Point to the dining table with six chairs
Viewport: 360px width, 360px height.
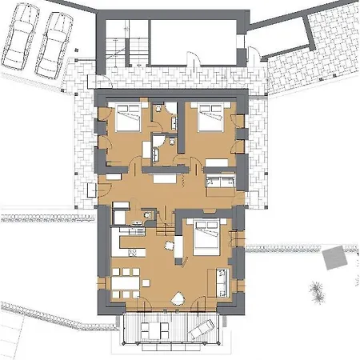pyautogui.click(x=124, y=284)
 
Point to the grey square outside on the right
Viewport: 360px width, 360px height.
pyautogui.click(x=331, y=258)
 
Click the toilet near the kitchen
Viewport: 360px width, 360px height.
pyautogui.click(x=148, y=214)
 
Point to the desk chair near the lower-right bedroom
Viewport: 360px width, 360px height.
pyautogui.click(x=170, y=245)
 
